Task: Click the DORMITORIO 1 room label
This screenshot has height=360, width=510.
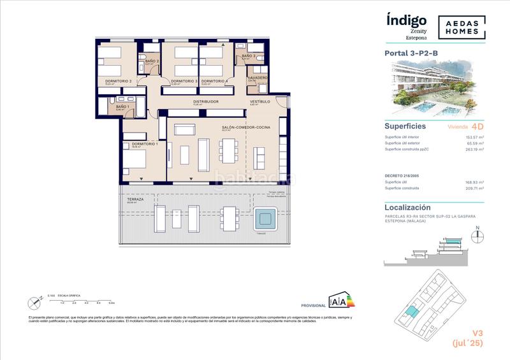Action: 145,145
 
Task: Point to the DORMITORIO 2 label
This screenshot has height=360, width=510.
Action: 119,82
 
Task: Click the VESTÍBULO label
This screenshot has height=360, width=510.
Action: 259,101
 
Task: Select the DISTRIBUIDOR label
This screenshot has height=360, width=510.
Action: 207,101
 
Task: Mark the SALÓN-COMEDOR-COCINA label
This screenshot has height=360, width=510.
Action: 247,128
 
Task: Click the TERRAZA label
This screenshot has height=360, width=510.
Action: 135,199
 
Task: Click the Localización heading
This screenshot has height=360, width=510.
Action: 408,208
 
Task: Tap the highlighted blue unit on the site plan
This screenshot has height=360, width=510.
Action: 414,313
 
